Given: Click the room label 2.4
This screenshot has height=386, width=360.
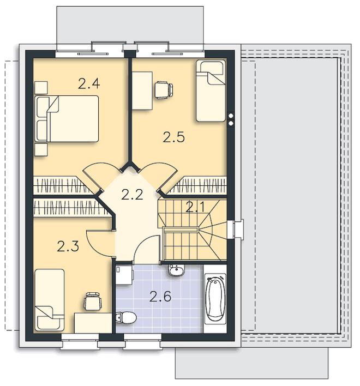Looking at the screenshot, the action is coord(89,83).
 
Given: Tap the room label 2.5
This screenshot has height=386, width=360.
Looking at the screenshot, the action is coord(173,137).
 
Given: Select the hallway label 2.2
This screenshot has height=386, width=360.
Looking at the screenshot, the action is coord(132,195).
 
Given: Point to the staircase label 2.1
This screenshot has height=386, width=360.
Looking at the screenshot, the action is coord(195,207).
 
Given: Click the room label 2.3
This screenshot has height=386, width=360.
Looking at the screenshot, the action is coord(68,246).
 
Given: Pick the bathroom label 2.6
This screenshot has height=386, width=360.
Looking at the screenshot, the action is coord(160,297).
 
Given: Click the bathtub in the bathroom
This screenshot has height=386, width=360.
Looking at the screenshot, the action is coord(215,299).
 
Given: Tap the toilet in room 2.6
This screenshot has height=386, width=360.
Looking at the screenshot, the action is coord(126,317).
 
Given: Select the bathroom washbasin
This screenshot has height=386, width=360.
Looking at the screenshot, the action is coord(176,270).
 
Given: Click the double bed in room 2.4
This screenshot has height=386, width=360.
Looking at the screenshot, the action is coord(67,119).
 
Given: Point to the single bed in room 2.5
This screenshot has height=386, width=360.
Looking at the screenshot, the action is coord(211,91).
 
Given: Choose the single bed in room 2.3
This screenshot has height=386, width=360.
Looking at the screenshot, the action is coord(50,300).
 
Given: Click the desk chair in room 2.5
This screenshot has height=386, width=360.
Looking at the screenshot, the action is coord(164,91).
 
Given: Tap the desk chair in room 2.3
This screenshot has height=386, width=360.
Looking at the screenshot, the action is coord(93,301).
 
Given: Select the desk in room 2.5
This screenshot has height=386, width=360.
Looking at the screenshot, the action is coord(142,91).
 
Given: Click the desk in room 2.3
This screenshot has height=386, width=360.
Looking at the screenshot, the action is coord(93,323).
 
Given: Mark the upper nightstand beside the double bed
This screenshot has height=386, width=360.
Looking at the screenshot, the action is coord(41,88).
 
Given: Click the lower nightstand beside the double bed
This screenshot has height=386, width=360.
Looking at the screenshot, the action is coord(41,150).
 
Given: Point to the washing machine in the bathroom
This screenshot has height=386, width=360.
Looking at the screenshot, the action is coord(124,275).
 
